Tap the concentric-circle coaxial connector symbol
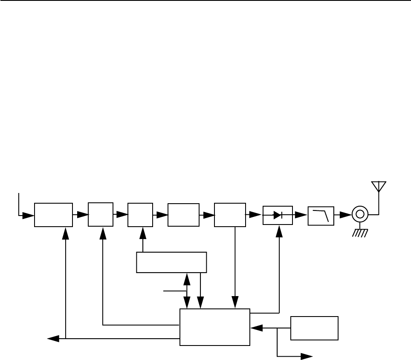point(359,214)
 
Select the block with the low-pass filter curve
point(321,215)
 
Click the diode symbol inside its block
point(278,215)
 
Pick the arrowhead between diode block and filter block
point(302,215)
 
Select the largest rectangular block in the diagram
point(214,327)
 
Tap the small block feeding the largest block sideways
point(314,328)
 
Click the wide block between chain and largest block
point(171,262)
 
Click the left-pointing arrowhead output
point(52,339)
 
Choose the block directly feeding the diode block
point(230,215)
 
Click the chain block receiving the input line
point(53,215)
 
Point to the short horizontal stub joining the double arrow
point(175,291)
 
